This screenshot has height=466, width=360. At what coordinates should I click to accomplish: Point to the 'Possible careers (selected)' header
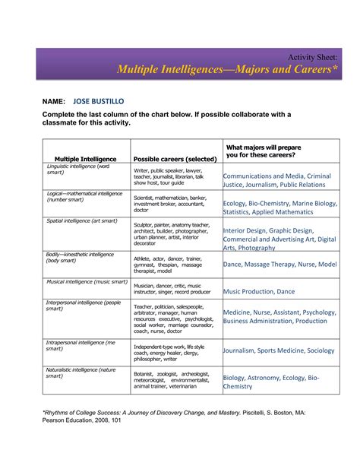(x=175, y=158)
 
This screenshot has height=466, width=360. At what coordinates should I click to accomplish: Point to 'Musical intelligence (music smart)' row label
(x=86, y=281)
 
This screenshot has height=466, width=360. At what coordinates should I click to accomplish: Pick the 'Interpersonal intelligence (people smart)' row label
(x=84, y=306)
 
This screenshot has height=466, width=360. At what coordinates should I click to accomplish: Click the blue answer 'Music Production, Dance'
(x=259, y=291)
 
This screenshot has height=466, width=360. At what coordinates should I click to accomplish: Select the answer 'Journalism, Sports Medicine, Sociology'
(x=278, y=350)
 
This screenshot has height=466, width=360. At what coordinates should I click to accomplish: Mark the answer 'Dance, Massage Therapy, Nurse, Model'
(x=279, y=264)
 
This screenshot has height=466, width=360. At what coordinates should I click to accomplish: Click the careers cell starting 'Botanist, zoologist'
(x=175, y=380)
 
